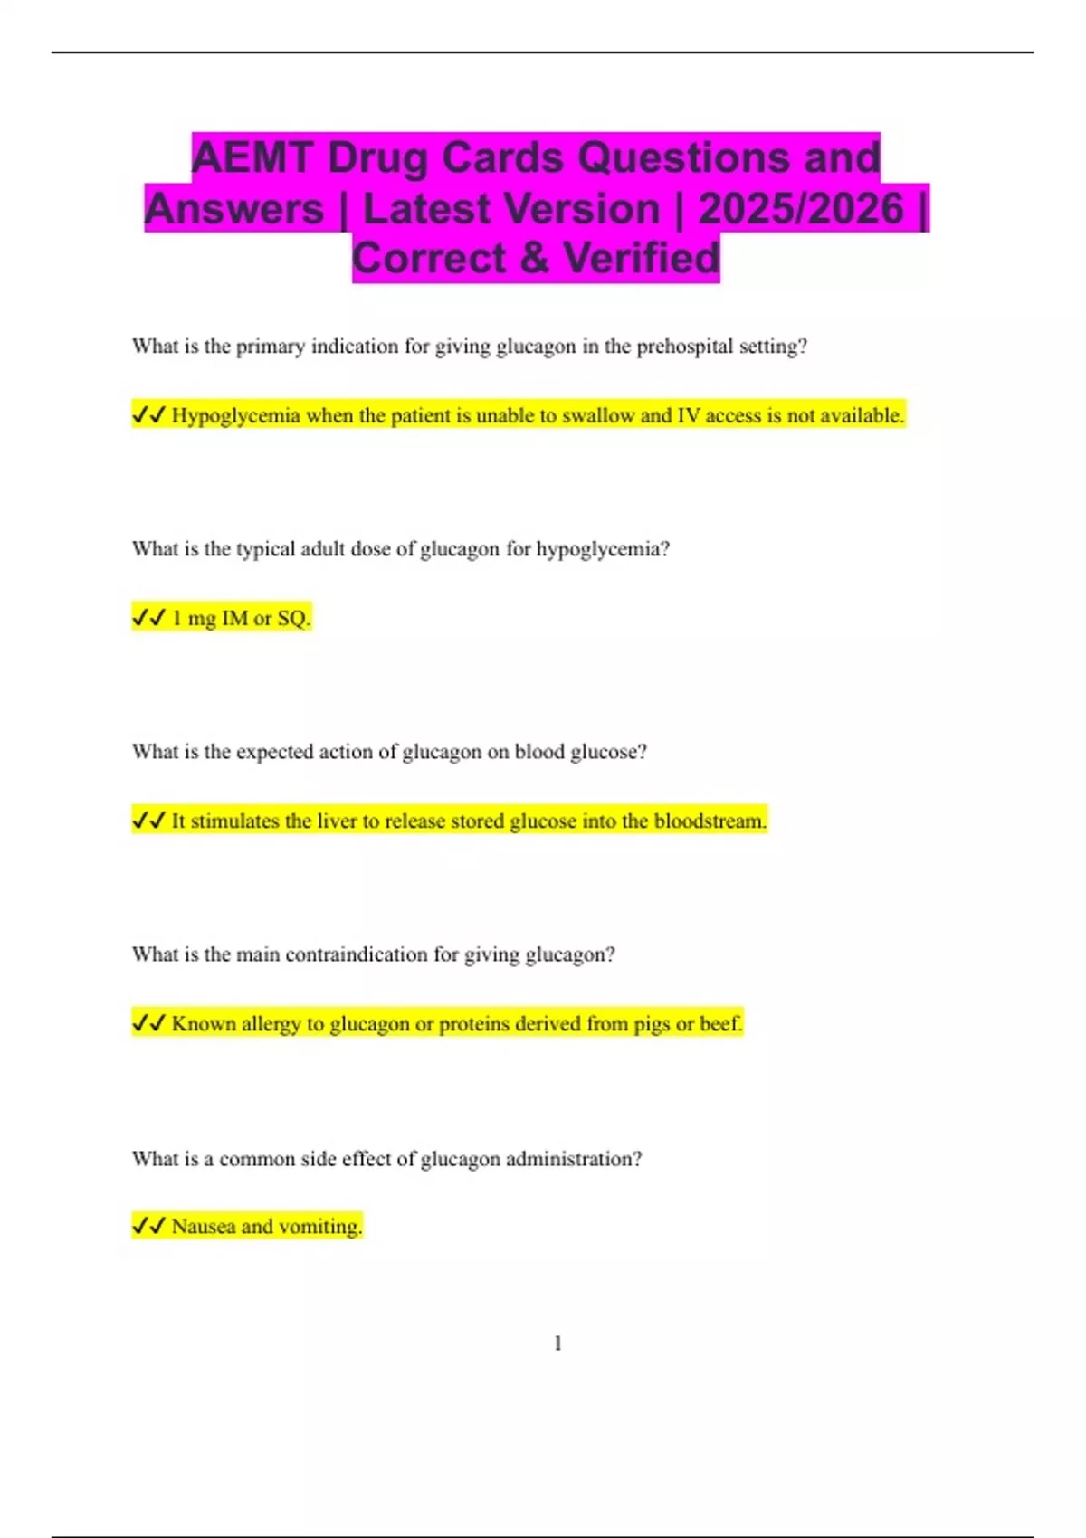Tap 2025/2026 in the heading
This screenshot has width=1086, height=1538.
click(800, 209)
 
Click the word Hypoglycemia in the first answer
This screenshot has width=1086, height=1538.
click(235, 416)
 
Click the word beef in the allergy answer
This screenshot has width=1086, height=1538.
click(720, 1024)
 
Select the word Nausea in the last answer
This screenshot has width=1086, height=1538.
click(204, 1227)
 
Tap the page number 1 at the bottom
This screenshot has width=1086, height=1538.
click(557, 1343)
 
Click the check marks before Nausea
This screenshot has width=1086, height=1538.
click(148, 1227)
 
